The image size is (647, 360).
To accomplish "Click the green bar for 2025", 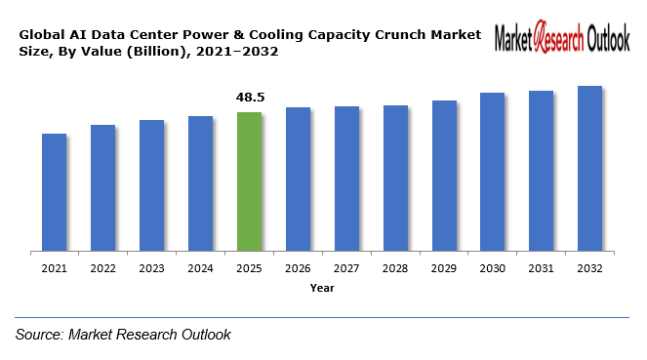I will (x=249, y=181).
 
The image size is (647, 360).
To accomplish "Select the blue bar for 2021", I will (x=54, y=192).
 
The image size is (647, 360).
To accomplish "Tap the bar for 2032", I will (x=589, y=169).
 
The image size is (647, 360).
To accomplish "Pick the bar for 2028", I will (x=395, y=179).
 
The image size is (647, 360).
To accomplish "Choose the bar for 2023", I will (x=151, y=185).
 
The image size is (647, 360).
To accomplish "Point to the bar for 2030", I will (x=492, y=172).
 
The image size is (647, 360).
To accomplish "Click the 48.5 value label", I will (x=250, y=98).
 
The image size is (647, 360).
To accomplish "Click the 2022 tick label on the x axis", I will (x=102, y=268).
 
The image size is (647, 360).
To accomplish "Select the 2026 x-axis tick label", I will (x=298, y=268).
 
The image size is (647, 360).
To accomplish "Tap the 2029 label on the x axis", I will (x=444, y=268).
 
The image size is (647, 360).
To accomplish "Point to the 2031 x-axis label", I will (x=541, y=268).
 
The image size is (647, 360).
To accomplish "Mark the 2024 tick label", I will (x=200, y=268).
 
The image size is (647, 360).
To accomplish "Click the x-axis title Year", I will (x=322, y=288).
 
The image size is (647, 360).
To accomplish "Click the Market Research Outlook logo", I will (x=562, y=39).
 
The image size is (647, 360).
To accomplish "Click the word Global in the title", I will (x=39, y=34).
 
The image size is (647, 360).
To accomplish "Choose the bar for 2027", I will (x=346, y=180).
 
